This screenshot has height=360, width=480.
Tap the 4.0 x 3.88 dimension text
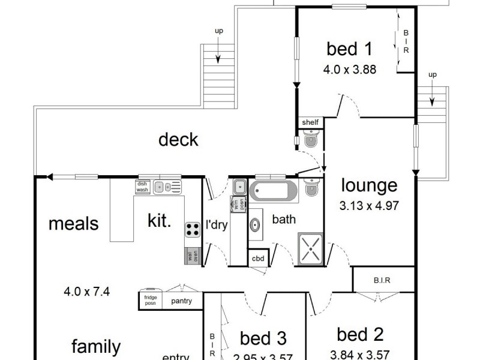tap(350, 69)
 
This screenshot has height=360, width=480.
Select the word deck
tap(178, 140)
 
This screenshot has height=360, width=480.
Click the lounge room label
tap(369, 185)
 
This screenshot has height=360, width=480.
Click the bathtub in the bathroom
tap(273, 192)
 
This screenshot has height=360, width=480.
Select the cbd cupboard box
tap(258, 259)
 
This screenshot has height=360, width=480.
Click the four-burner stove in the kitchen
tap(192, 229)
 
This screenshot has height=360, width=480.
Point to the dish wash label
tap(142, 187)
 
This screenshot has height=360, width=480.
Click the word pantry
tap(181, 301)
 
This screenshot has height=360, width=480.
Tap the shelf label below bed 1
tap(310, 122)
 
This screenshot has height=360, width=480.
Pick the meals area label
tap(73, 224)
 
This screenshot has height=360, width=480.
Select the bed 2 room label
tap(360, 334)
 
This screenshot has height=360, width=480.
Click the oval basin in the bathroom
tap(255, 225)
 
